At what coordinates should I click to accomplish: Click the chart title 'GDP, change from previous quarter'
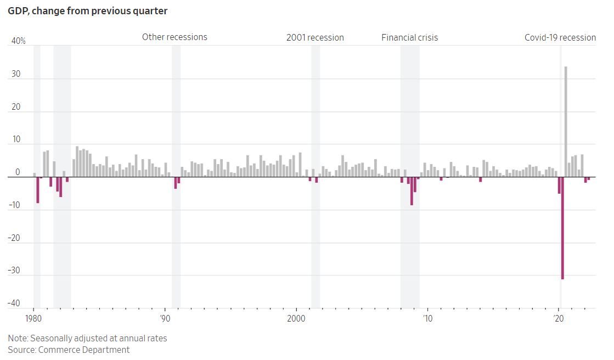click(x=88, y=11)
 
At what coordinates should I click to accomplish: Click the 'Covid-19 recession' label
click(x=560, y=38)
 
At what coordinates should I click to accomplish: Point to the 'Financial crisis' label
click(x=409, y=38)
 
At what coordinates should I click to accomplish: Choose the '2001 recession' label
click(x=315, y=38)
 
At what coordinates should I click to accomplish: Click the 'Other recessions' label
click(x=174, y=37)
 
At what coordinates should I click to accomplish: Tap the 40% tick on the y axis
click(x=18, y=41)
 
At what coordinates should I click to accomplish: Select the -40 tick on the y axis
click(x=15, y=303)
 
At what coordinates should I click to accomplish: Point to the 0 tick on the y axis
click(x=18, y=172)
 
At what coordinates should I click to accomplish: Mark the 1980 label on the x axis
click(x=33, y=318)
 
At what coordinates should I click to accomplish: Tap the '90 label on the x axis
click(x=164, y=318)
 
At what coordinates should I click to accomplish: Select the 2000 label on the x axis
click(x=296, y=318)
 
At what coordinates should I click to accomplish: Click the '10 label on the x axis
click(x=427, y=318)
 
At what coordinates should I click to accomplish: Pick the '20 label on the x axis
click(x=558, y=318)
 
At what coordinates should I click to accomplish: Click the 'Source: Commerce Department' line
click(x=69, y=350)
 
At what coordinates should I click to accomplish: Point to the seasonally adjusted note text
click(x=87, y=338)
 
